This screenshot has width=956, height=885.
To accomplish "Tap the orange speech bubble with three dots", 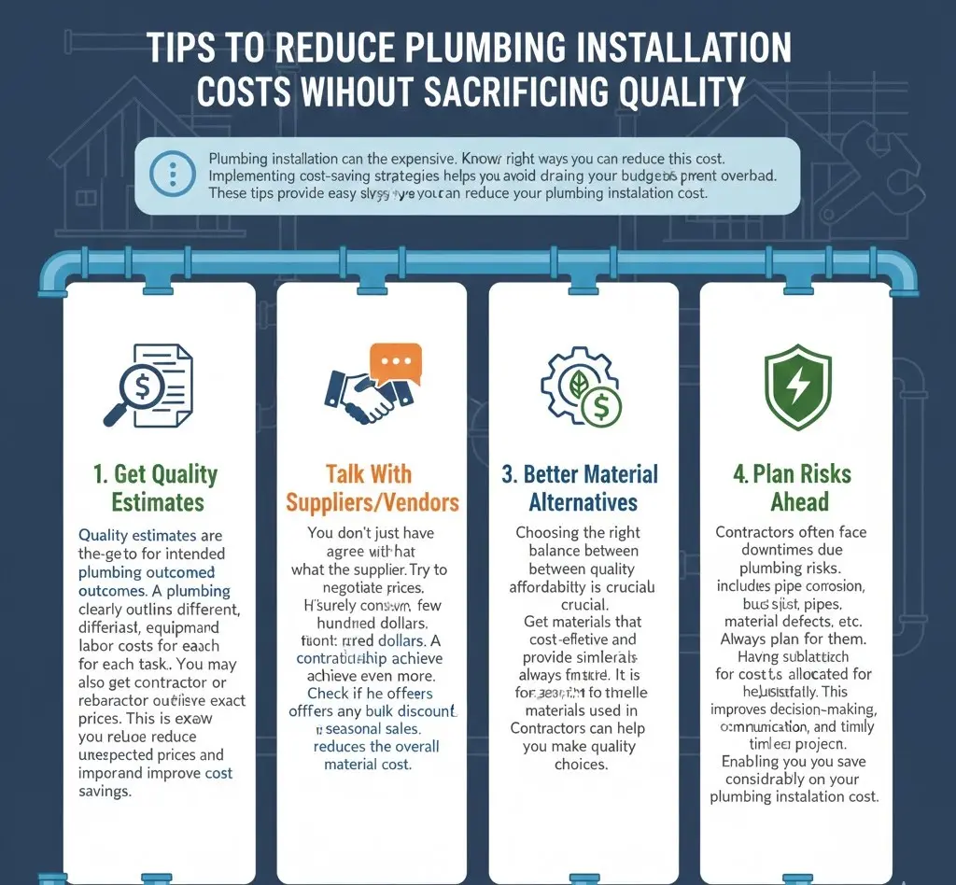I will coord(396,363).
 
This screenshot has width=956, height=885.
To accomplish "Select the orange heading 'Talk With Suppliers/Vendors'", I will coord(373,488).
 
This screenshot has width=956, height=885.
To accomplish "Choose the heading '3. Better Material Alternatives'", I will coord(581,488).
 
